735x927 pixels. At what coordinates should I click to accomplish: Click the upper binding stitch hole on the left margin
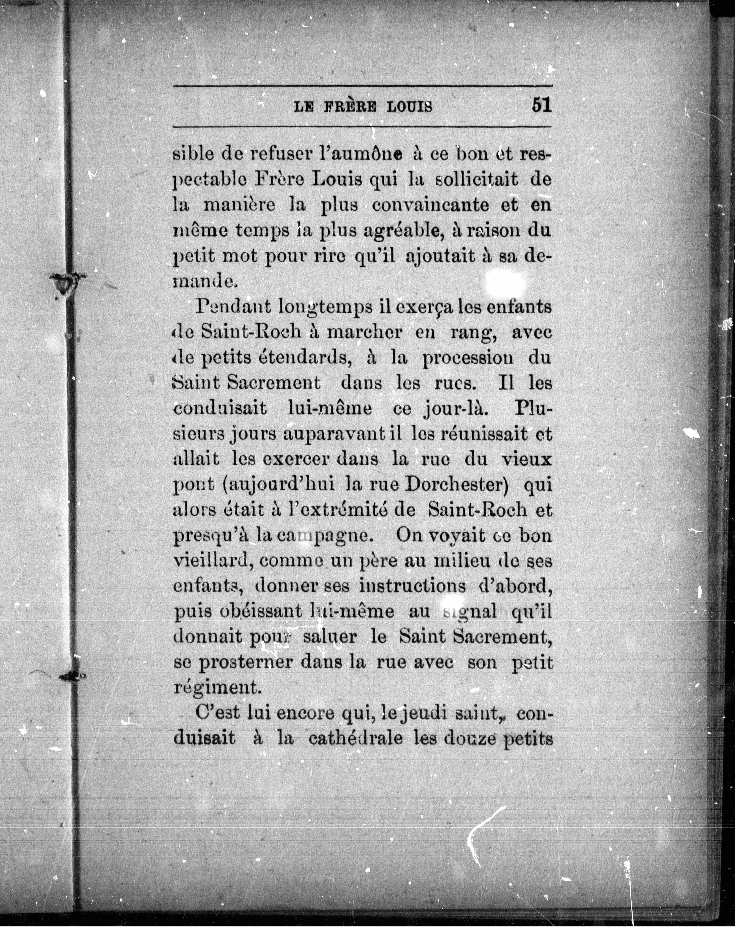click(x=65, y=283)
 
